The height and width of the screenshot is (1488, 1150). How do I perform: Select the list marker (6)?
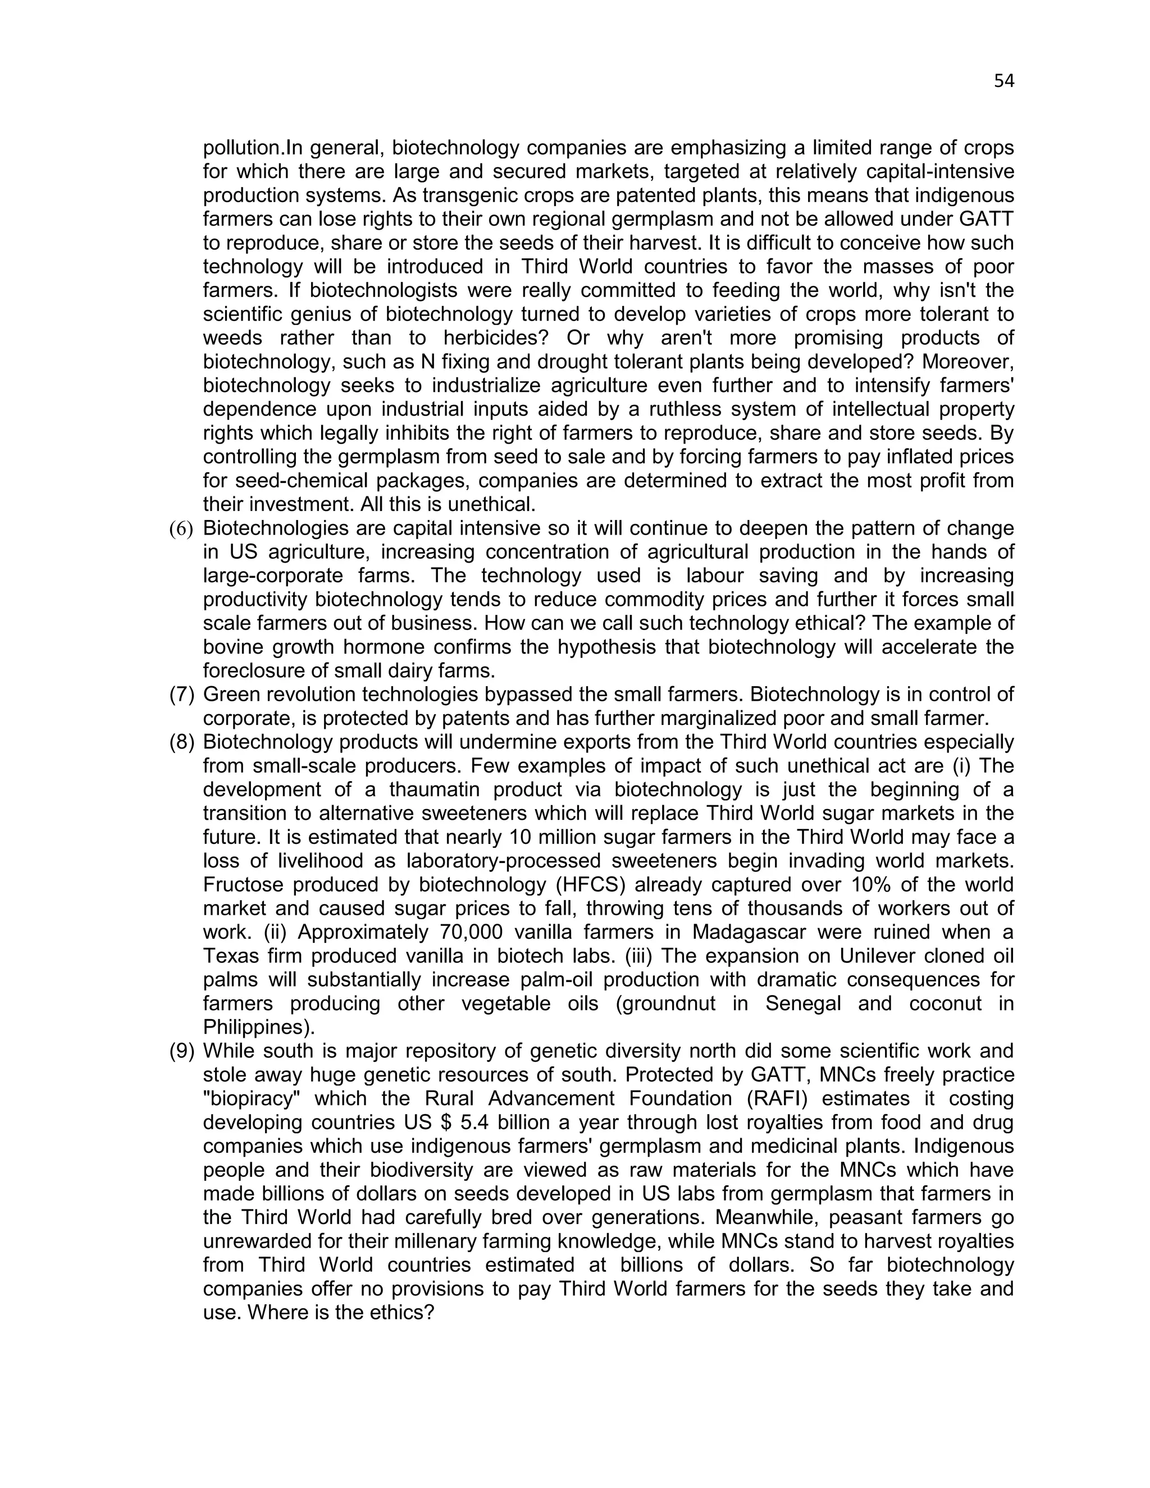(x=181, y=529)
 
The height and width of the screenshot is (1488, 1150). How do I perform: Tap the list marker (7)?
(x=181, y=695)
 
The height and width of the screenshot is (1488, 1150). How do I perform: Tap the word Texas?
(x=232, y=956)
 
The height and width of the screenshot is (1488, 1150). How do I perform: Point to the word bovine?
(x=236, y=647)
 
